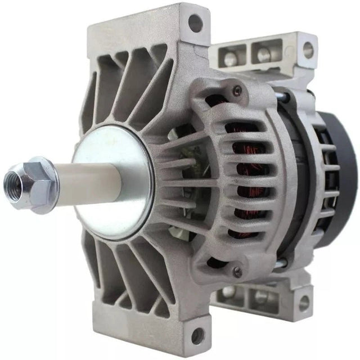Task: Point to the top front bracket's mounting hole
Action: (195, 23)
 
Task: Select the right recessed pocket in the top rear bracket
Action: (262, 54)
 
